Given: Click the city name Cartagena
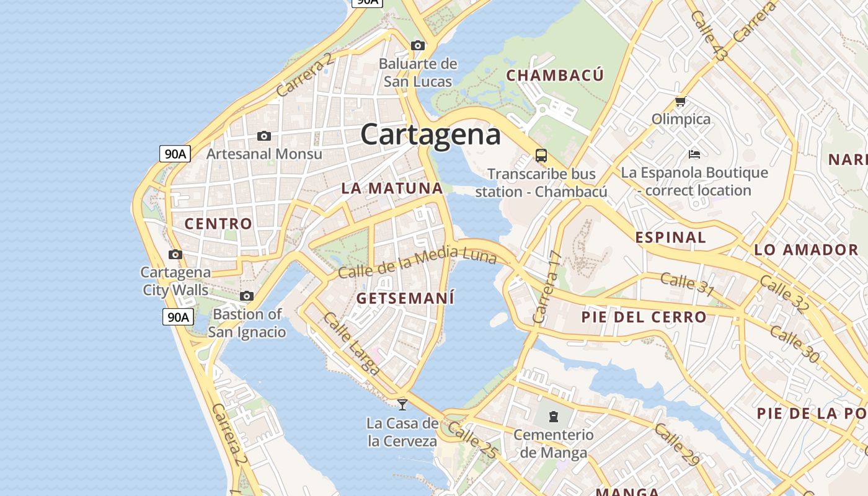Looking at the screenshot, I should click(x=430, y=135).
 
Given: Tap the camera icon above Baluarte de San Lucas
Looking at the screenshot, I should click(x=418, y=45).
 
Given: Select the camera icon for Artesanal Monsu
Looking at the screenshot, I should click(x=264, y=136).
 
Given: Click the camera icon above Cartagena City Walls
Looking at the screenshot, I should click(x=175, y=254).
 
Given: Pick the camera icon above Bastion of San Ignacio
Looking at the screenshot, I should click(x=247, y=296).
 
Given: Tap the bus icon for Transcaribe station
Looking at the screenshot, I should click(x=541, y=155).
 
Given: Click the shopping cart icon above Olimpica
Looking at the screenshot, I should click(x=680, y=101).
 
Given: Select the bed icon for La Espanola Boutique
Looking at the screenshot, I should click(x=694, y=154).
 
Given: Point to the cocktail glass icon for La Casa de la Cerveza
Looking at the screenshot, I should click(x=402, y=405).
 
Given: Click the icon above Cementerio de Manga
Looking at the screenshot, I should click(x=554, y=416).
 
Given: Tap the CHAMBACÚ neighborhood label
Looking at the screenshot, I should click(x=555, y=76).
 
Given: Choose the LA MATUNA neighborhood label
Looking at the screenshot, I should click(x=392, y=188).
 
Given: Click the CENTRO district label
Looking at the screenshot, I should click(x=219, y=224).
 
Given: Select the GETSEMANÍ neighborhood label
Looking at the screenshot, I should click(x=405, y=298).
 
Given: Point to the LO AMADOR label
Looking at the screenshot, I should click(x=806, y=250).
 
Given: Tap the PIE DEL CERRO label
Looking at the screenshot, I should click(x=644, y=317).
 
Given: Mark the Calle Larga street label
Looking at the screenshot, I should click(x=351, y=343).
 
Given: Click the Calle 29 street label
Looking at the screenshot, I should click(x=676, y=445).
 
